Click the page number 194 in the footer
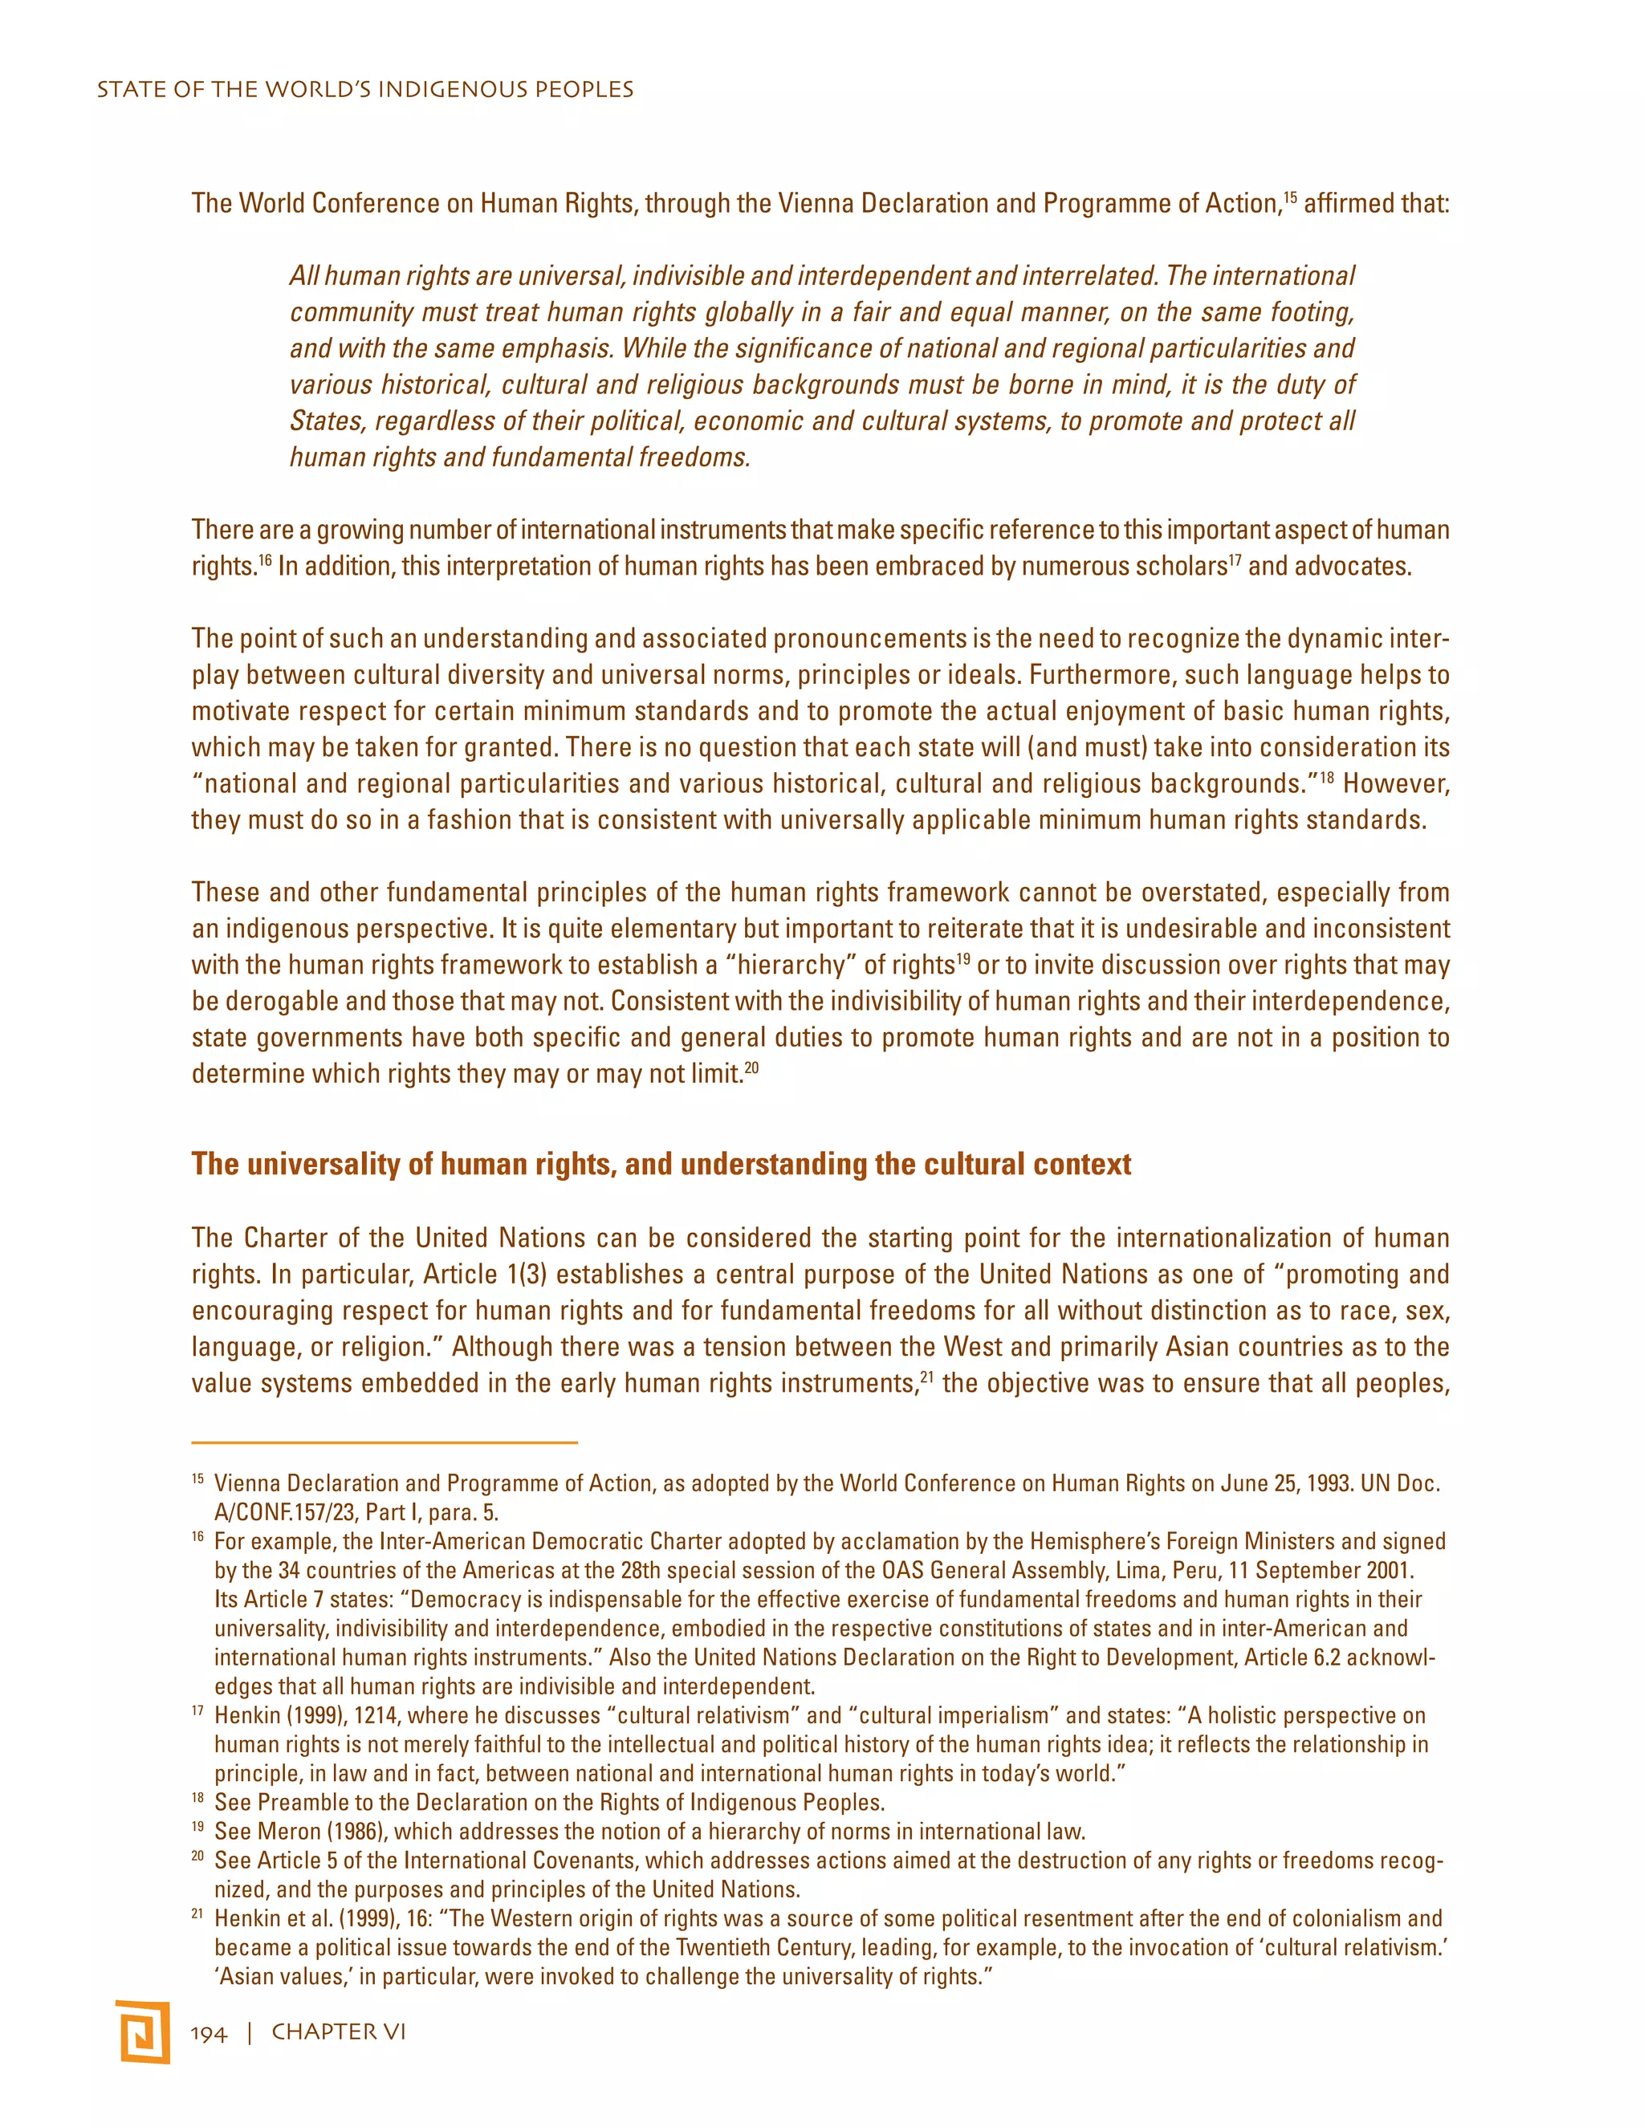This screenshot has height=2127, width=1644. pyautogui.click(x=209, y=2032)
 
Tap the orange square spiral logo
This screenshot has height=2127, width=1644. pyautogui.click(x=143, y=2032)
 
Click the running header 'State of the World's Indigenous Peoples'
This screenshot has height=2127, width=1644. pyautogui.click(x=365, y=90)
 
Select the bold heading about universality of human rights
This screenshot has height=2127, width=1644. pyautogui.click(x=661, y=1164)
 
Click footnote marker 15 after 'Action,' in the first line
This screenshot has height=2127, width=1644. pyautogui.click(x=1289, y=197)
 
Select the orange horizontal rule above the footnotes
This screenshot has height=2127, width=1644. pyautogui.click(x=385, y=1442)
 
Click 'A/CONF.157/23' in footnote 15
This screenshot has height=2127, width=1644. pyautogui.click(x=283, y=1512)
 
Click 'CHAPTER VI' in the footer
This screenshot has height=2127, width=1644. pyautogui.click(x=338, y=2032)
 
